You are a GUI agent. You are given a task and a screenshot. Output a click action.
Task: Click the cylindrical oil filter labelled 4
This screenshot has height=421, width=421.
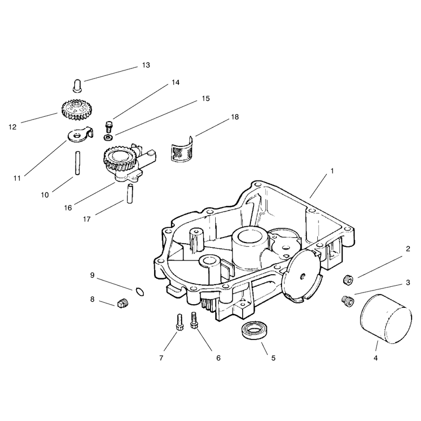click(x=385, y=319)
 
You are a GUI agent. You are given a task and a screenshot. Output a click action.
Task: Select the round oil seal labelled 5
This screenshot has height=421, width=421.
click(x=254, y=330)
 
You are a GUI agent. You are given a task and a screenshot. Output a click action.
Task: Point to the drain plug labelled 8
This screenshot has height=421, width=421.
click(x=123, y=303)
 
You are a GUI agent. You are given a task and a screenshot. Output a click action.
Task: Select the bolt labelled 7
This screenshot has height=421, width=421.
click(x=179, y=322)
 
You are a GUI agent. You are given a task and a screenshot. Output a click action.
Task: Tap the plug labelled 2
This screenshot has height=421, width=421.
click(x=348, y=280)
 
